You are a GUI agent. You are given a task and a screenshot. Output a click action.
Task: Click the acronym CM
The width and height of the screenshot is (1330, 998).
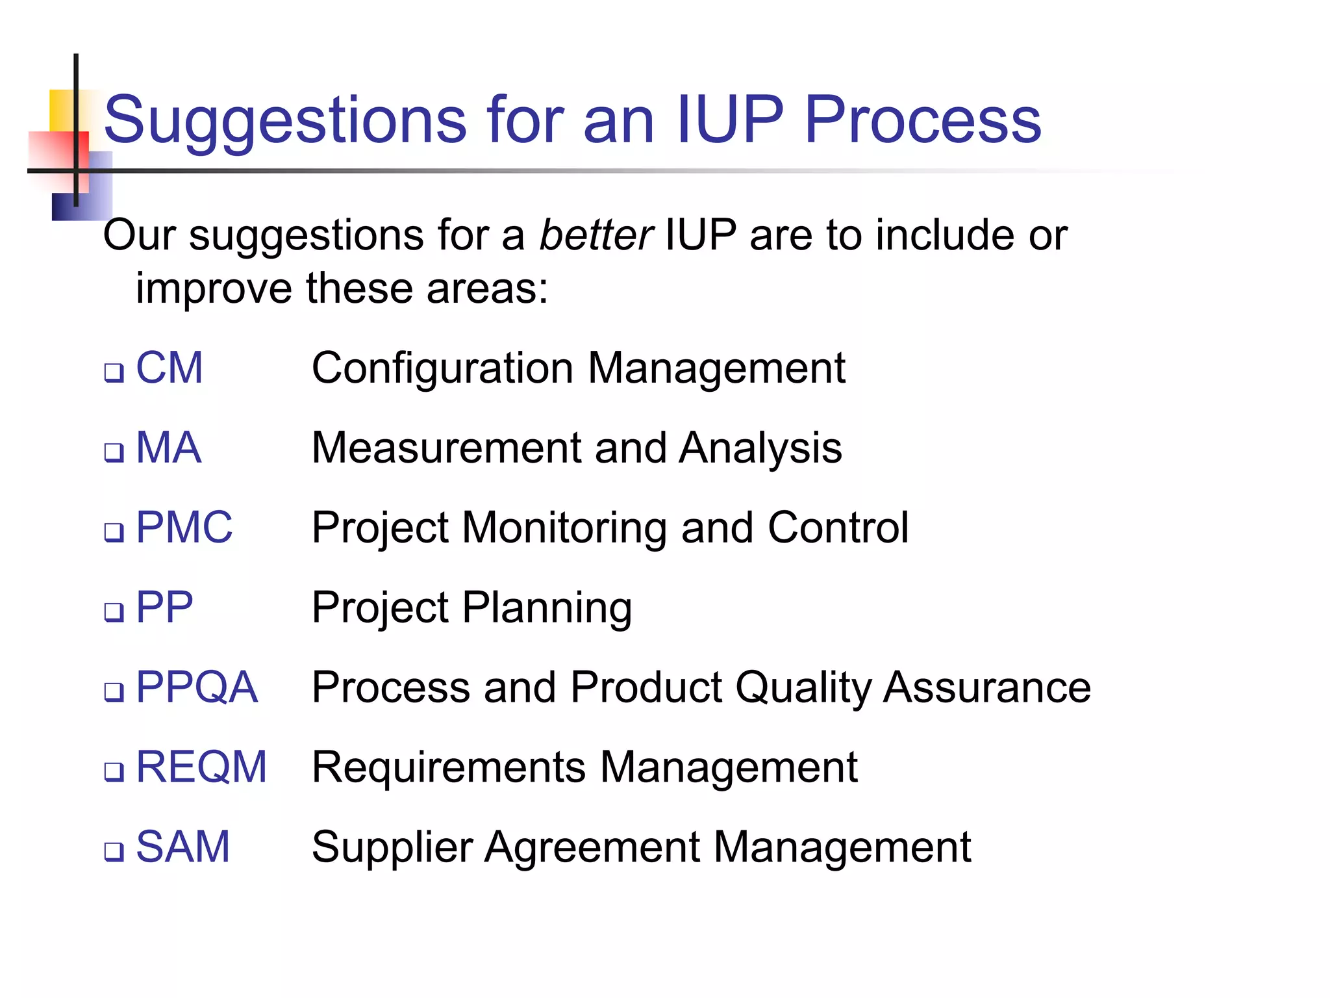(x=169, y=368)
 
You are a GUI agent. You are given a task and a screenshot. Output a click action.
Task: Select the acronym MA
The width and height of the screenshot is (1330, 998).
(x=168, y=448)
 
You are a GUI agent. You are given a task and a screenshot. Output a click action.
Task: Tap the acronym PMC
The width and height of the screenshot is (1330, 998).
(x=184, y=527)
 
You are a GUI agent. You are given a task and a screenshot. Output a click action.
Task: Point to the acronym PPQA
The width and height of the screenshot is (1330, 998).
(x=196, y=687)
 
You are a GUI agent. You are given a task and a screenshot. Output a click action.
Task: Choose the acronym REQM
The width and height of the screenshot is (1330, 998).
(x=201, y=767)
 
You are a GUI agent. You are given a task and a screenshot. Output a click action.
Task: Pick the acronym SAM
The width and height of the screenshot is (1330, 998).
(x=182, y=847)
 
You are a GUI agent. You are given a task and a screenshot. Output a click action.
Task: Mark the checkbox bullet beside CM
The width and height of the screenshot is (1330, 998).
(x=114, y=373)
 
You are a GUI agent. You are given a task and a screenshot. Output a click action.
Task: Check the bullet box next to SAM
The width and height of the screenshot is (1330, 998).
(x=114, y=852)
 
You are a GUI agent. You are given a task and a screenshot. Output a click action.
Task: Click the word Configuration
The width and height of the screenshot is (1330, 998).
(x=443, y=368)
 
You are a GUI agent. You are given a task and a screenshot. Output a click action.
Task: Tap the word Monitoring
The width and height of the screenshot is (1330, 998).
(x=564, y=528)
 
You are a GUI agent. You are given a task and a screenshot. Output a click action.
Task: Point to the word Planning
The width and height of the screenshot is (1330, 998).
(x=547, y=608)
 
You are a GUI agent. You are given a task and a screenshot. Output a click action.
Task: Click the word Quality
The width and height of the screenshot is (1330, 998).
(x=803, y=688)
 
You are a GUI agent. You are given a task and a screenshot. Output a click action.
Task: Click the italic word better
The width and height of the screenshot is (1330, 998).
(x=596, y=235)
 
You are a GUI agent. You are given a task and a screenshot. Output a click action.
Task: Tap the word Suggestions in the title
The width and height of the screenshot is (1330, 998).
(x=284, y=120)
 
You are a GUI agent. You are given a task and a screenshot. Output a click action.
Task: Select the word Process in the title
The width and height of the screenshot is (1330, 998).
(x=922, y=120)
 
